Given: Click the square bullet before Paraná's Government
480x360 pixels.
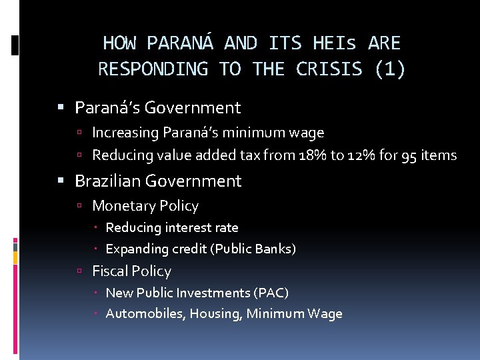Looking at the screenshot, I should (61, 107).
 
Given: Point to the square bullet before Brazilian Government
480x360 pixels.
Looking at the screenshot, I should (61, 181).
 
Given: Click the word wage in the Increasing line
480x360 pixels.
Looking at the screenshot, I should (309, 133).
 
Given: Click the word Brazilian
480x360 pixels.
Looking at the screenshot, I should (107, 181).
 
